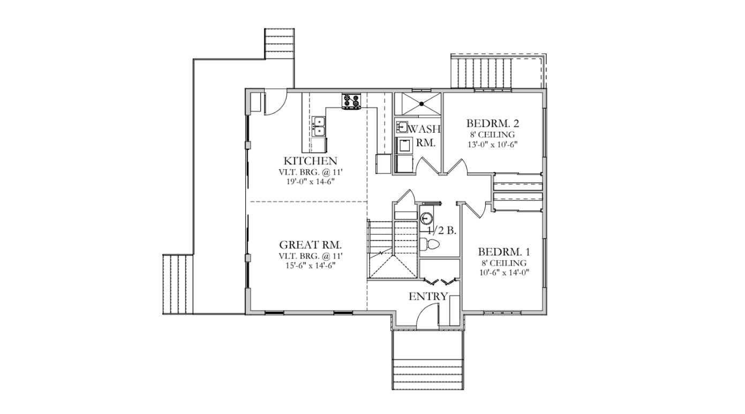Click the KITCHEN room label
[310, 161]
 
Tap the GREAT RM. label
[310, 245]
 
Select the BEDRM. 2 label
[493, 123]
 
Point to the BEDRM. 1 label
[504, 252]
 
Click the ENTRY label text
[428, 296]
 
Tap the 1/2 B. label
[442, 230]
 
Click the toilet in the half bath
[430, 244]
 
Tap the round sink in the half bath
[427, 219]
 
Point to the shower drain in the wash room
[422, 104]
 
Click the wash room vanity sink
[402, 127]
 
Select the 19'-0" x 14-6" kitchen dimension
[310, 181]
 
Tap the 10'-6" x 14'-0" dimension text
[504, 273]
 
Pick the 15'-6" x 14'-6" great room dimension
[310, 265]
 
